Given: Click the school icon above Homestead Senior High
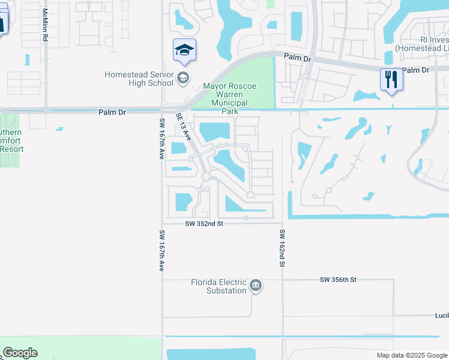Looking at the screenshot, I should point(184,50).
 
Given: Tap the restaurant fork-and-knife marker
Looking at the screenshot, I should point(391,79).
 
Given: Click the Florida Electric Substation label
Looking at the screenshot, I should point(218,286).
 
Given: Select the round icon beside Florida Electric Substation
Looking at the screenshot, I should point(256,286).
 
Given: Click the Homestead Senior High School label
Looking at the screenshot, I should point(139,79).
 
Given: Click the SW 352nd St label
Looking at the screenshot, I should point(204,223).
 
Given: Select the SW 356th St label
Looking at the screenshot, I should point(338,280).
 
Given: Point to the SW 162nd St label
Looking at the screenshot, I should point(281,247).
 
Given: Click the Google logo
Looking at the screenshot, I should point(20,353).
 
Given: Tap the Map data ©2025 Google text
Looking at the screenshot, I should point(411,355).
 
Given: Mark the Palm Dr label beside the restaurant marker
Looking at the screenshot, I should point(417,70).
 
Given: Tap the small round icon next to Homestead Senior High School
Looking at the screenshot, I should point(184,78).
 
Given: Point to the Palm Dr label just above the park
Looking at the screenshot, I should point(297,59).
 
